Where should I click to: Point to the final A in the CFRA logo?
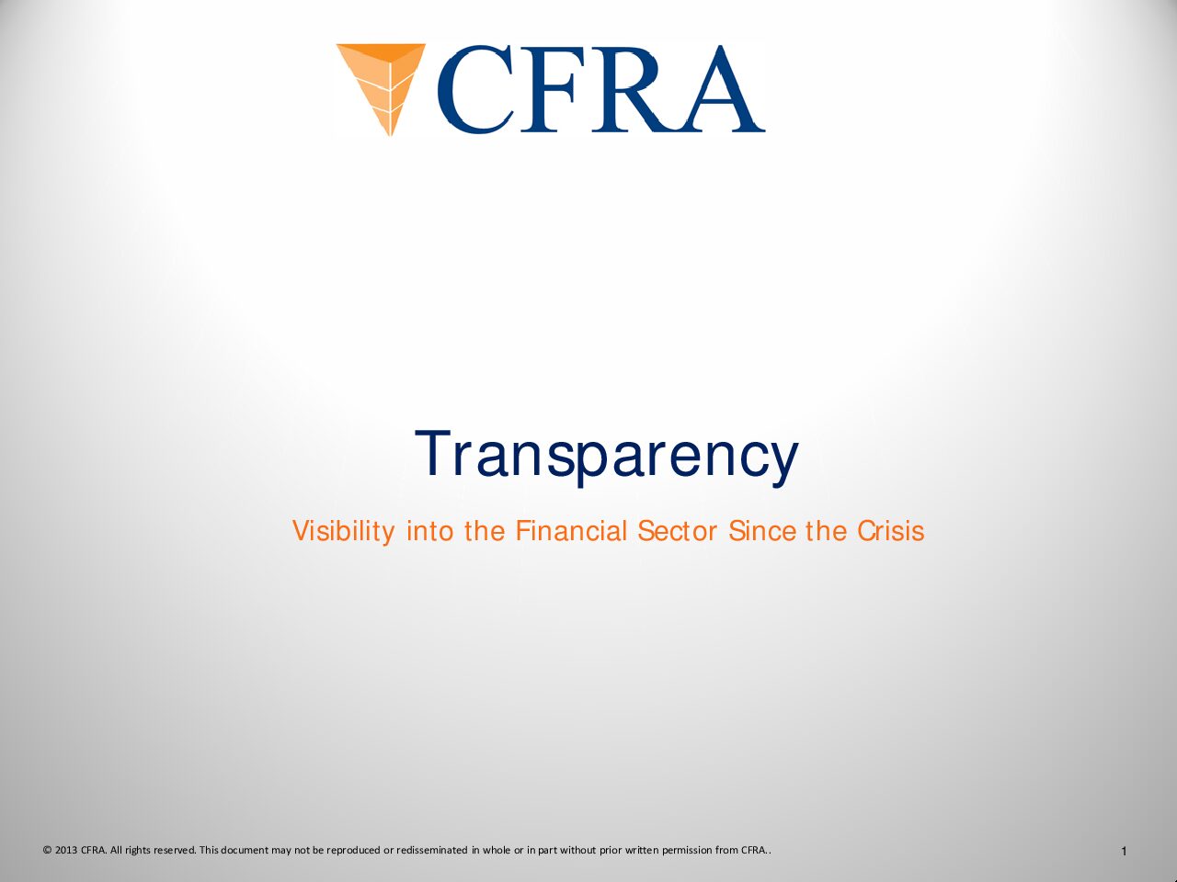pyautogui.click(x=718, y=89)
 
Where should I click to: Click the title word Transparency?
pyautogui.click(x=607, y=457)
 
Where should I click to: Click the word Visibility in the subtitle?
pyautogui.click(x=343, y=532)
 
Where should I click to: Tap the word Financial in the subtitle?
pyautogui.click(x=571, y=531)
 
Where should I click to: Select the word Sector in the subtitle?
pyautogui.click(x=678, y=531)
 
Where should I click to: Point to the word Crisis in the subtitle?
pyautogui.click(x=891, y=531)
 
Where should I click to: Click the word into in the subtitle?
pyautogui.click(x=429, y=531)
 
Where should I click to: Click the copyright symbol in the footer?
pyautogui.click(x=47, y=850)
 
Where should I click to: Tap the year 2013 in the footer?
pyautogui.click(x=66, y=850)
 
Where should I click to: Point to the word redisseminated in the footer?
pyautogui.click(x=432, y=850)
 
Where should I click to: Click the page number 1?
pyautogui.click(x=1125, y=852)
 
